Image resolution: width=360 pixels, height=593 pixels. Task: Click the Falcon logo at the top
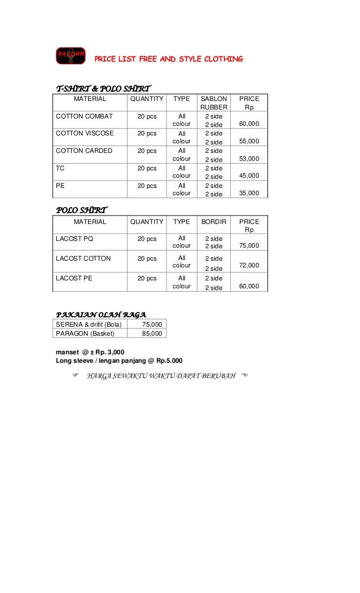click(71, 56)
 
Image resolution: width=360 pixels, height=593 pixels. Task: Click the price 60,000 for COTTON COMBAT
click(249, 124)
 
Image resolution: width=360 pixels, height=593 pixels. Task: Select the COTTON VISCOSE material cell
click(85, 134)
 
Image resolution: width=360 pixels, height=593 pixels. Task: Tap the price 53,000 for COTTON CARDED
click(249, 159)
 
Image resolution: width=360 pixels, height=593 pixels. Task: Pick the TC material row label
click(60, 169)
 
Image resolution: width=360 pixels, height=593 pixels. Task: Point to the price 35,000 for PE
click(249, 194)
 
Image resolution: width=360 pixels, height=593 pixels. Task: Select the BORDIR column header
click(214, 222)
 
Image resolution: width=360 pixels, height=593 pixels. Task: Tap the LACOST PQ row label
click(74, 239)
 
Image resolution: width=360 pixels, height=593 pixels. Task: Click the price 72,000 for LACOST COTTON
click(249, 265)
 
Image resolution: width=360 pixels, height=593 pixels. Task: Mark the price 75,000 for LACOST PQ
click(249, 246)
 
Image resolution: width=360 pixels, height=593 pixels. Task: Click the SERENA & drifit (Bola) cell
click(89, 324)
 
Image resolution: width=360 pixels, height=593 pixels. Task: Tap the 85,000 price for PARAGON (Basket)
click(152, 333)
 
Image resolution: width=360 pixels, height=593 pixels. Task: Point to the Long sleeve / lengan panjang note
click(118, 361)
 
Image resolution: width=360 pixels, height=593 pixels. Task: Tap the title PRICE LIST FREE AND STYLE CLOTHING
click(168, 59)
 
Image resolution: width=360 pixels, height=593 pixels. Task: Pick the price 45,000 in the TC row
click(249, 176)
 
